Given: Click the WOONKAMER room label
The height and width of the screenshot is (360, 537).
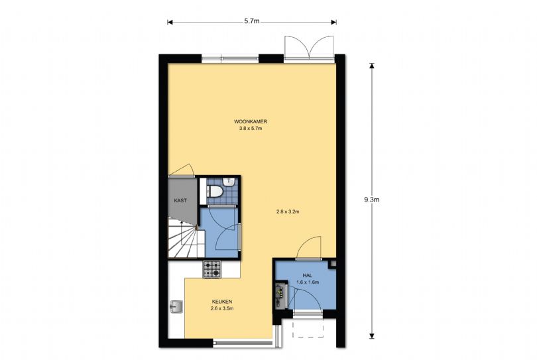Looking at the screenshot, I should (x=251, y=122).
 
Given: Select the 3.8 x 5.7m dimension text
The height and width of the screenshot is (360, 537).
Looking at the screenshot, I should (x=251, y=129).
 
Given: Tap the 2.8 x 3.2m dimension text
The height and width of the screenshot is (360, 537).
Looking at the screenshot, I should (x=288, y=212).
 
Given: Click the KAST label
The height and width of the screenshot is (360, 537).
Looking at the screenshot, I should (x=180, y=200).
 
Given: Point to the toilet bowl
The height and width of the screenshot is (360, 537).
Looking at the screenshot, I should (x=215, y=192).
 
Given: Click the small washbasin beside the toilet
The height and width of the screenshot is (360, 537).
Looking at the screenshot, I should (x=228, y=181).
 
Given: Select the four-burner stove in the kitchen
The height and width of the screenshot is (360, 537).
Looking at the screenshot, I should (x=212, y=269).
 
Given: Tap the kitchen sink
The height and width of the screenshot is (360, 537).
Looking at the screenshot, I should (x=176, y=307).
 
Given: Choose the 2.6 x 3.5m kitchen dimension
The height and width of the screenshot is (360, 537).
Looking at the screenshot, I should (x=221, y=308).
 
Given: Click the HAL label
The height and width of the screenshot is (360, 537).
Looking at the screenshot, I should (x=307, y=274).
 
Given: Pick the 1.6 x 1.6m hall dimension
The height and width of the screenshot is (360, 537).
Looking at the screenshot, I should (x=307, y=282).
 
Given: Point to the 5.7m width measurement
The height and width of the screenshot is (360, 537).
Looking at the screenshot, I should (x=251, y=21).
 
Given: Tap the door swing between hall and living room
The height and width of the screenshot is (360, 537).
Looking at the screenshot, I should (x=308, y=249).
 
